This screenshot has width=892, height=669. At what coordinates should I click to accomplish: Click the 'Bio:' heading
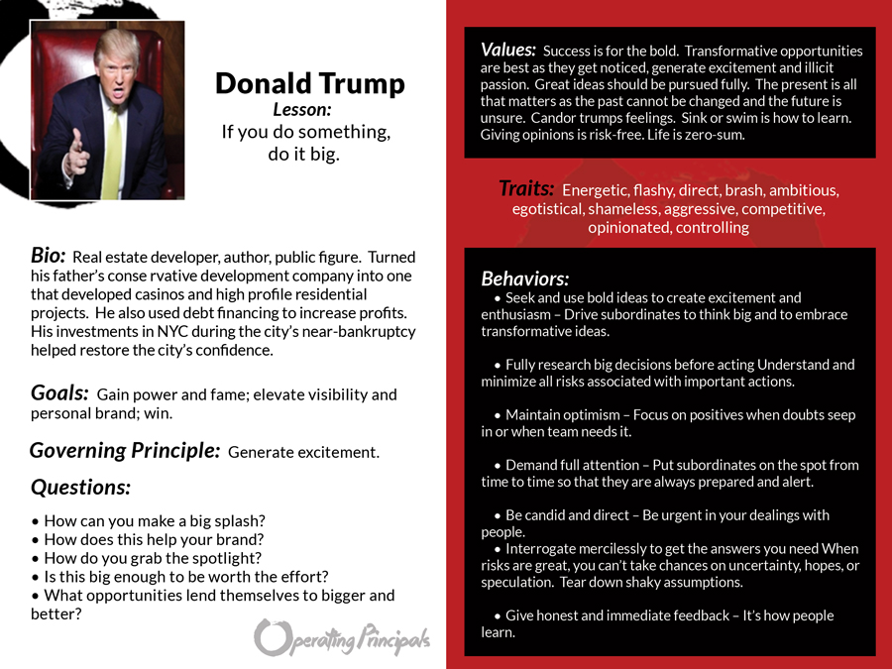click(x=49, y=256)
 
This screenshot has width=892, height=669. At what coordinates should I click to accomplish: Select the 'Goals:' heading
click(x=60, y=392)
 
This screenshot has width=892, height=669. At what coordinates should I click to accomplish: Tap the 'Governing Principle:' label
click(x=125, y=451)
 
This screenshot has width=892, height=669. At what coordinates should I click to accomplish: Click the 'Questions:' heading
click(x=80, y=487)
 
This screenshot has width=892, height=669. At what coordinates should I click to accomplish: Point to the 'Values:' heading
click(x=508, y=50)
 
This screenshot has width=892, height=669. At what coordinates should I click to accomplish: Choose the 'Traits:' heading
click(x=526, y=188)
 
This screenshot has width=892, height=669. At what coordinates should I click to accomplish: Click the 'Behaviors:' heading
click(x=525, y=279)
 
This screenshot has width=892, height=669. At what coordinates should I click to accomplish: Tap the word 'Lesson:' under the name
click(x=302, y=110)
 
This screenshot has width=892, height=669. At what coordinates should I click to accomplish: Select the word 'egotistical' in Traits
click(x=548, y=209)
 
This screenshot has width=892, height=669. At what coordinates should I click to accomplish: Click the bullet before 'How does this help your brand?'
click(x=36, y=540)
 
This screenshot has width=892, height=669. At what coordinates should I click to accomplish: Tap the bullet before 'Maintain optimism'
click(x=498, y=415)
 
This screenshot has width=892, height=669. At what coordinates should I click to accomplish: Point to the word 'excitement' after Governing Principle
click(x=335, y=453)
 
